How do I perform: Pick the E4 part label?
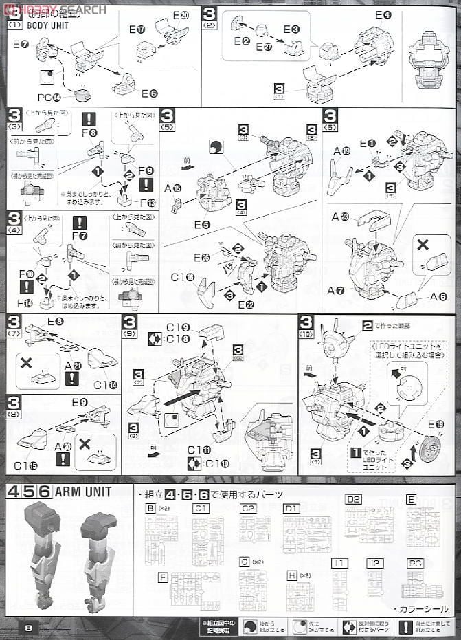click(383, 15)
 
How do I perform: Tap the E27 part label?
click(264, 47)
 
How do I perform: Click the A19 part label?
click(341, 151)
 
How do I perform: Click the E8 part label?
click(56, 320)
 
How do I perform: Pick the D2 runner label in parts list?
click(352, 499)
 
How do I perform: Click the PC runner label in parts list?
click(414, 562)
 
